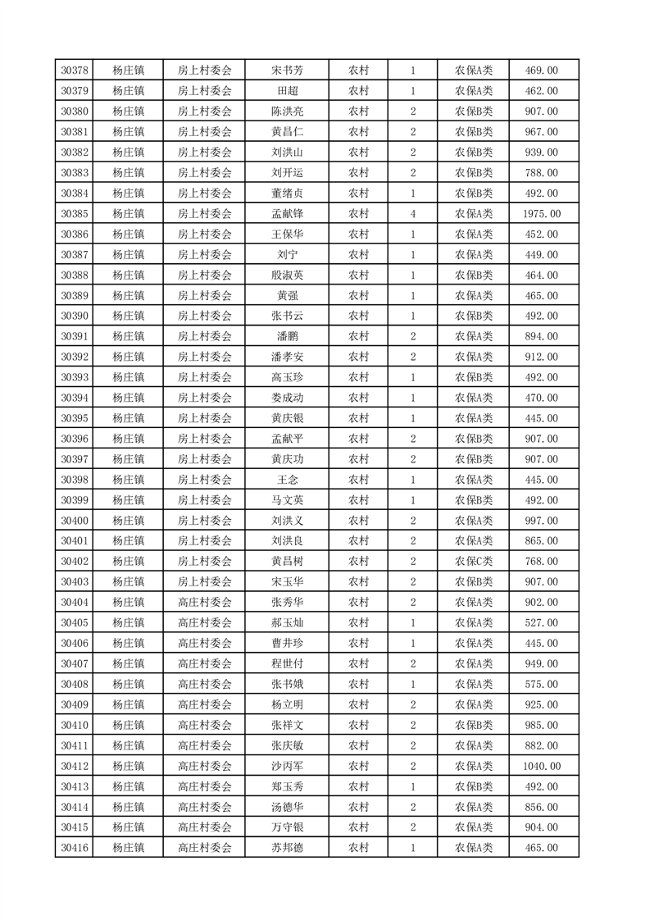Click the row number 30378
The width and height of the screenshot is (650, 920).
[x=75, y=71]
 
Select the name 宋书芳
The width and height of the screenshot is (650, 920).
[x=287, y=71]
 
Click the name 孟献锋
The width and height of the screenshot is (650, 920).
[x=287, y=214]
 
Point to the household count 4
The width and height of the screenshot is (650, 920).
[x=412, y=214]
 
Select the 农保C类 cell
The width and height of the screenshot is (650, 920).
[x=473, y=562]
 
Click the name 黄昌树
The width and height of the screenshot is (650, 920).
[x=287, y=562]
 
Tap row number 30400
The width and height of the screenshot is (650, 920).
[x=75, y=521]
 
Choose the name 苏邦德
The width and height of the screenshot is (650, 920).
[x=287, y=848]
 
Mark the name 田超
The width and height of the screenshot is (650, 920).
[x=287, y=91]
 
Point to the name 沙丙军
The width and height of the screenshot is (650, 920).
[x=287, y=766]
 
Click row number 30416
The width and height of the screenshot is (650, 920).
[x=75, y=848]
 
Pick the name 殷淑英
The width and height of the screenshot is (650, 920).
[x=287, y=276]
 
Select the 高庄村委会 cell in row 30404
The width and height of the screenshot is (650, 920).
[x=205, y=603]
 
